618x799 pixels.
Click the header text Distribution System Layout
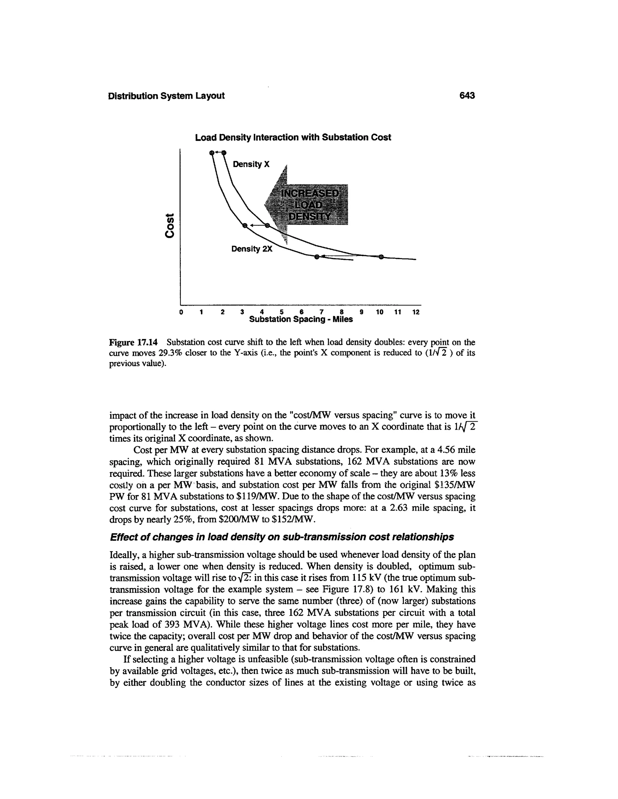(x=166, y=96)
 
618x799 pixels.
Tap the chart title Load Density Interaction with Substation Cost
(x=293, y=137)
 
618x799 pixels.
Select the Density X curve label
(x=251, y=164)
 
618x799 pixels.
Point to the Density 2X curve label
(x=252, y=249)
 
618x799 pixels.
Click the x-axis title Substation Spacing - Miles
(x=301, y=319)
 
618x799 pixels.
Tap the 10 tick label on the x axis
(x=380, y=312)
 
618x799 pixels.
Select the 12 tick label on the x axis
(x=416, y=312)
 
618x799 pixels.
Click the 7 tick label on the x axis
(x=321, y=312)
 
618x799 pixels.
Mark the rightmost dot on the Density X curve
(x=381, y=257)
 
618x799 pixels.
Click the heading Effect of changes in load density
(x=282, y=537)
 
